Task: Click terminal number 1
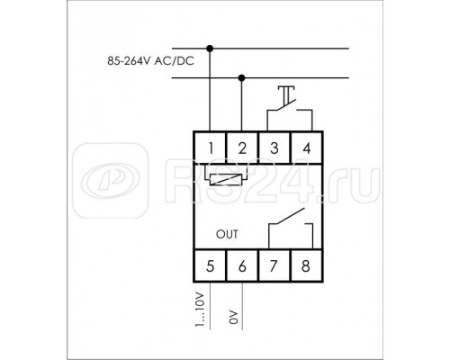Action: coord(210,148)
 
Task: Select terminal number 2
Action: coord(242,148)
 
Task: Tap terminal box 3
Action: coord(274,148)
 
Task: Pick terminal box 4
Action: coord(306,148)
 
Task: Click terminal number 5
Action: coord(210,265)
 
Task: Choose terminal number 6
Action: coord(242,265)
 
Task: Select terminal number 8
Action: coord(306,265)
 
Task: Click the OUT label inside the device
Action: coord(227,234)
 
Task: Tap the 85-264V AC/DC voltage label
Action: coord(151,61)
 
